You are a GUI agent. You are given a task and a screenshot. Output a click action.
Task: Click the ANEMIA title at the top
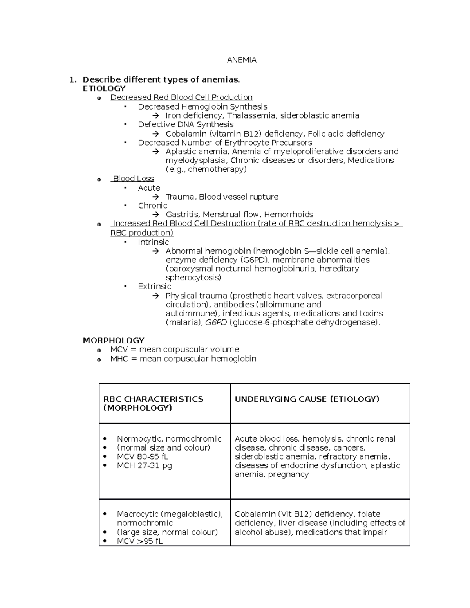click(242, 60)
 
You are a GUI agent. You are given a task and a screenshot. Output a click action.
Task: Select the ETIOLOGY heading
click(104, 88)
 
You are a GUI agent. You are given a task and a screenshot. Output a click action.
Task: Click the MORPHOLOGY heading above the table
click(114, 340)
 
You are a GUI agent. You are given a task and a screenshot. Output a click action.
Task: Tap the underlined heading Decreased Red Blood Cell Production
click(181, 97)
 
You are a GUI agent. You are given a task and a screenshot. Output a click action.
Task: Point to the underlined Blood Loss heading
click(133, 179)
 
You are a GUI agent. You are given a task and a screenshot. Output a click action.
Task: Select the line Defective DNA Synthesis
click(186, 124)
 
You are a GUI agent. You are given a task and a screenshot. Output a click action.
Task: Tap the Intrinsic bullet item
click(153, 242)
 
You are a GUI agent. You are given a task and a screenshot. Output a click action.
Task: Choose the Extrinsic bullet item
click(154, 287)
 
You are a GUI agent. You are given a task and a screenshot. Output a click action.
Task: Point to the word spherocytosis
click(193, 278)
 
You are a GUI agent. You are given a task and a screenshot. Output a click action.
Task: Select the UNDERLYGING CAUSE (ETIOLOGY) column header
click(307, 399)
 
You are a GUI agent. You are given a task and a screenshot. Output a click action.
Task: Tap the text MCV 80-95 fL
click(143, 457)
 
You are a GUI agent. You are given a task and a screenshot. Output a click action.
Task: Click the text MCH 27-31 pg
click(144, 466)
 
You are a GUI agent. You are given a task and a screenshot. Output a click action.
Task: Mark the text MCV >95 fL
click(139, 541)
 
